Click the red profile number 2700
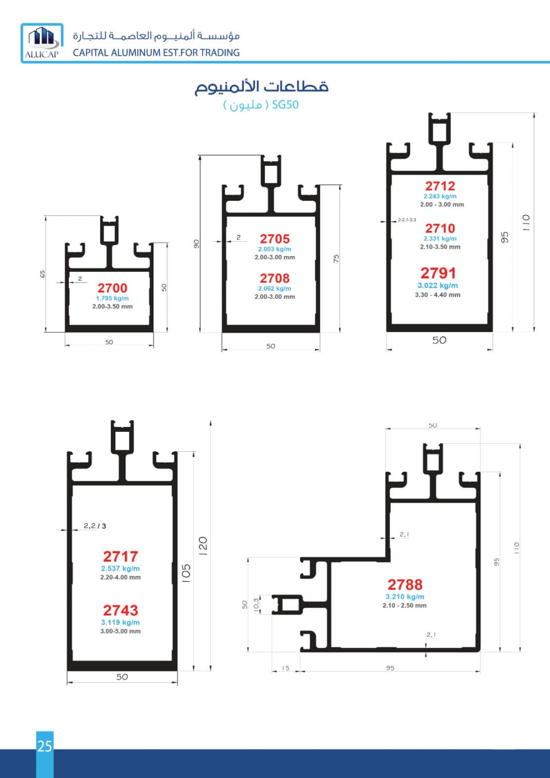coord(112,288)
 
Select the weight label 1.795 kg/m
coord(112,299)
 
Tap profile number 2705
coord(275,239)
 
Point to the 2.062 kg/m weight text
coord(275,289)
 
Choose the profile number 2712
coord(440,186)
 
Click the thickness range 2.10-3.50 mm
coord(440,247)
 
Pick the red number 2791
coord(438,273)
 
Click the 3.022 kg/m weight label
coord(438,285)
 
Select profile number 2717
coord(121,557)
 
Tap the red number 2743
coord(121,611)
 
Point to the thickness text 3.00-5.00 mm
coord(121,631)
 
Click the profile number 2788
coord(405,585)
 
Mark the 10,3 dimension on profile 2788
coord(256,605)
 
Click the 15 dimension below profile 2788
coord(285,668)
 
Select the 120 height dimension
coord(203,546)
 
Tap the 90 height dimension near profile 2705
coord(197,244)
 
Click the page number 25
coord(45,746)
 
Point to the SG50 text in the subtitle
coord(285,105)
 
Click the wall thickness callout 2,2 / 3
coord(95,526)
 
